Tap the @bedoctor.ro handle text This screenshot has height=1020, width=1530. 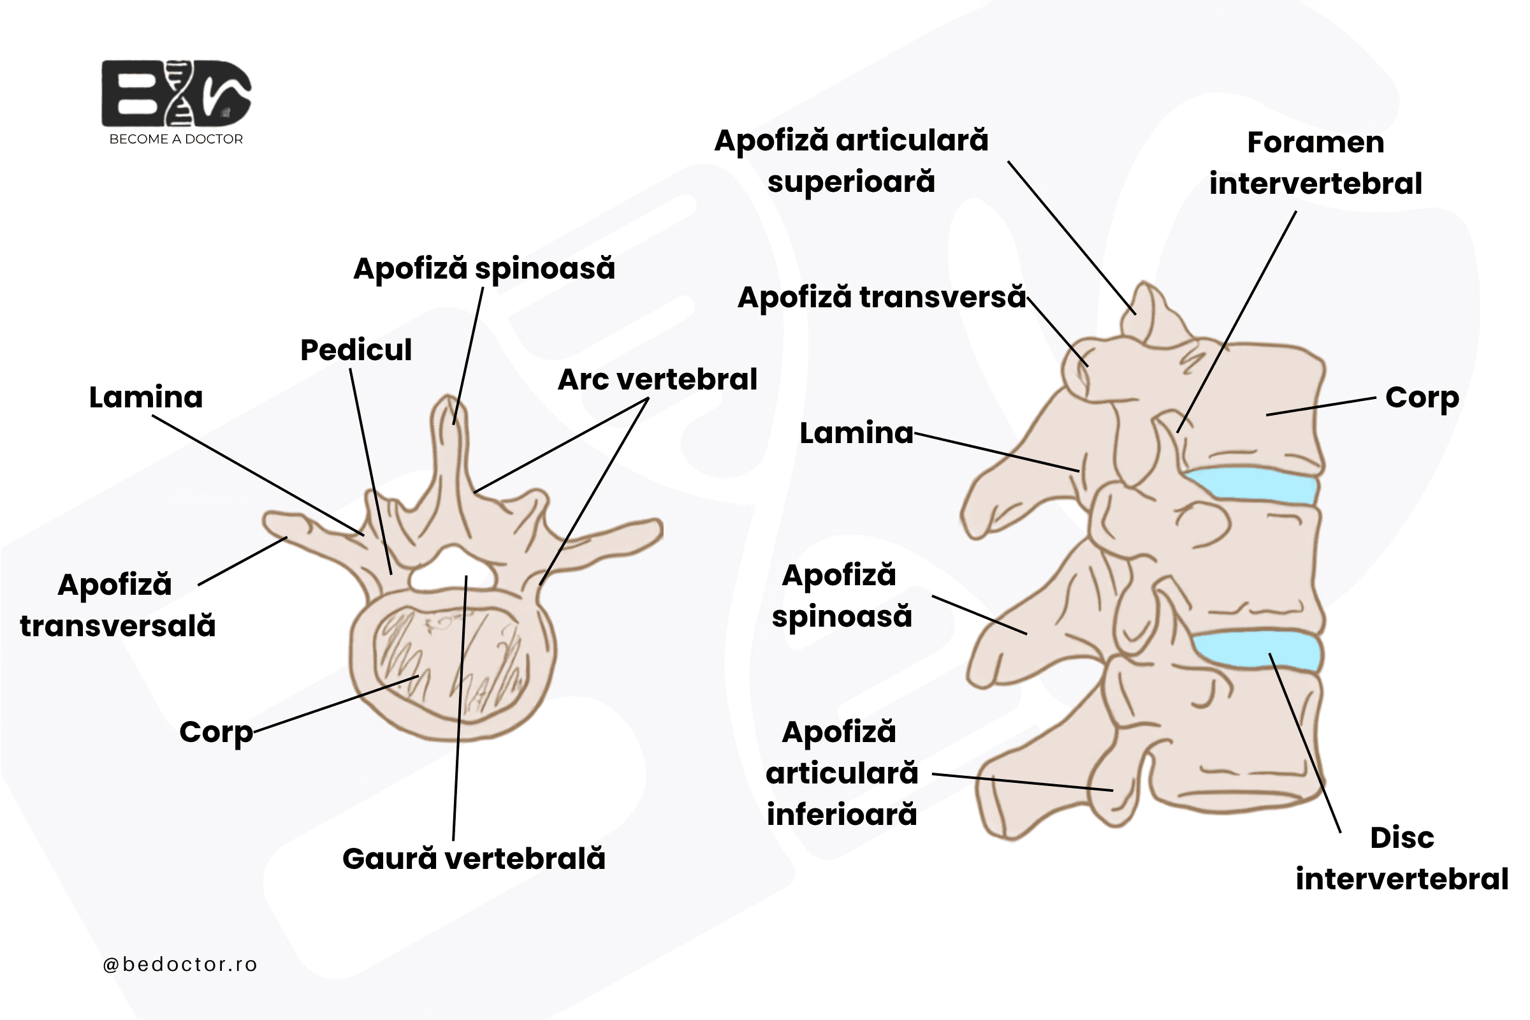pos(180,964)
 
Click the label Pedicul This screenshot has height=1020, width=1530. pos(356,350)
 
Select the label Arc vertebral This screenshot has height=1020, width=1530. pos(657,379)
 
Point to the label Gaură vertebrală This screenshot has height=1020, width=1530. pos(474,859)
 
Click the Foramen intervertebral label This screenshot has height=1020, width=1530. pos(1315,163)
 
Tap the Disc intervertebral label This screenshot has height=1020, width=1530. pos(1402,858)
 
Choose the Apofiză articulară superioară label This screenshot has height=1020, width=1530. pos(851,161)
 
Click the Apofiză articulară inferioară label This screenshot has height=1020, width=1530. pos(841,773)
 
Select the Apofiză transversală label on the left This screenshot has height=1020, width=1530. pos(118,606)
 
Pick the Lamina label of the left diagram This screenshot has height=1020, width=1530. pos(146,397)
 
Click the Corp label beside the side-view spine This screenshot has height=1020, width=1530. pos(1422,398)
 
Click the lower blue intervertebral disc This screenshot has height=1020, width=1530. pos(1257,650)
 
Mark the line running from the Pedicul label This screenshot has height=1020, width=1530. pos(371,472)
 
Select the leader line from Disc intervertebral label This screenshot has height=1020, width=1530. pos(1305,743)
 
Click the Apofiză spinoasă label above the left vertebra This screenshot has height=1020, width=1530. pos(484,268)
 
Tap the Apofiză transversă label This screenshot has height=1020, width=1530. pos(882,297)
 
